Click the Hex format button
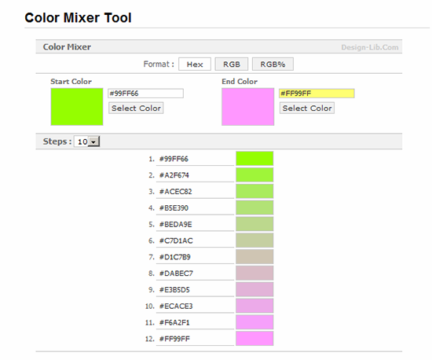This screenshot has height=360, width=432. (195, 64)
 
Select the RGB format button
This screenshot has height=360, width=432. (232, 64)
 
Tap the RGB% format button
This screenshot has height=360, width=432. (273, 64)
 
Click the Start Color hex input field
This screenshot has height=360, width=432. (145, 94)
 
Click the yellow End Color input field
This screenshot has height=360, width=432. (317, 94)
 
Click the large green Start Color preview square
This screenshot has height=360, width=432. (77, 107)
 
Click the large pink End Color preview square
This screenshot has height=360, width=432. (248, 107)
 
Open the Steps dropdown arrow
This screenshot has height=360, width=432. (93, 141)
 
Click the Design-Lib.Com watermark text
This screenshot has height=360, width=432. (370, 47)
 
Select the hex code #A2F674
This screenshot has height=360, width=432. (174, 175)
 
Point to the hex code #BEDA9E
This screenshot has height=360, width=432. (175, 224)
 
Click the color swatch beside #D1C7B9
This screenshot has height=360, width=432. (254, 257)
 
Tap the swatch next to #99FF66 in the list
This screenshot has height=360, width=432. (254, 159)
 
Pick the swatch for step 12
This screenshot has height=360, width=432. (254, 339)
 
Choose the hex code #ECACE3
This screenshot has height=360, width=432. (176, 307)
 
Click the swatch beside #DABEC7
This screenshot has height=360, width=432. (254, 274)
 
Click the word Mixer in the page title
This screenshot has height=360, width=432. (81, 18)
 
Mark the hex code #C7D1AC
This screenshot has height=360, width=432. (176, 241)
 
